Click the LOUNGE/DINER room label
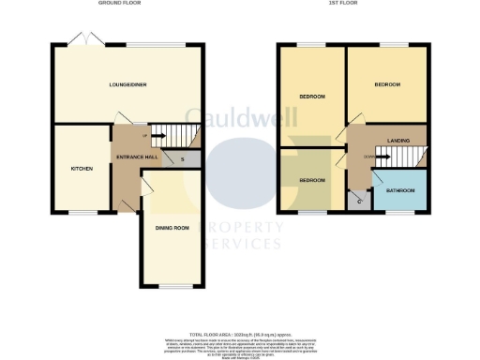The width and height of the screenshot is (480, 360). click(127, 84)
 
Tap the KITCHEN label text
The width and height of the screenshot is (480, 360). click(82, 169)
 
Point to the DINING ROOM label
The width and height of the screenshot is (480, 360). click(172, 228)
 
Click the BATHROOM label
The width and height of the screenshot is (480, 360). click(400, 190)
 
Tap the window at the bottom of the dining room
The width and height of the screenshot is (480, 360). click(170, 286)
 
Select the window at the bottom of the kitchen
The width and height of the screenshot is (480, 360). click(83, 213)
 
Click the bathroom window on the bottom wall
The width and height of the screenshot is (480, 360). click(400, 213)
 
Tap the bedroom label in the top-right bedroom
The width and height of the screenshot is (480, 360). click(387, 84)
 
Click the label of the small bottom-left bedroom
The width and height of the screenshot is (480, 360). click(312, 179)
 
